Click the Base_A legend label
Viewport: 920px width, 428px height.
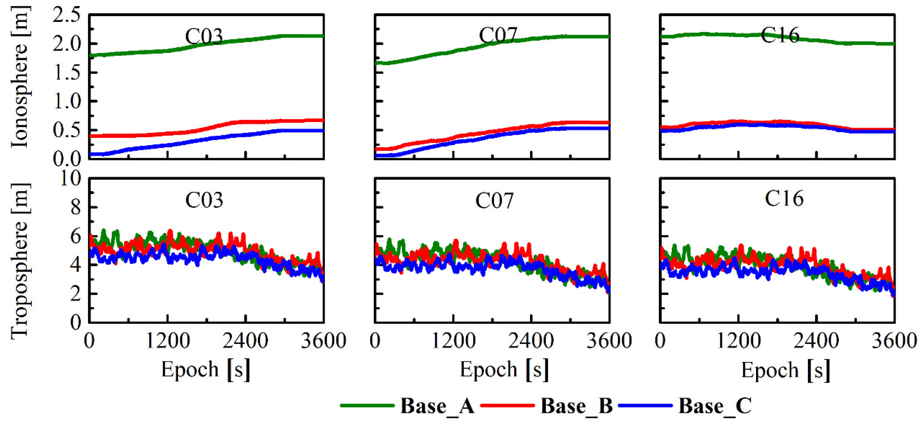(x=437, y=406)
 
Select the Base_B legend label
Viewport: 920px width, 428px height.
(x=577, y=406)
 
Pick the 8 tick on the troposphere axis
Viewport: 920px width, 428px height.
(x=75, y=208)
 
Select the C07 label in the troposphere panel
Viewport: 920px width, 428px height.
(x=494, y=201)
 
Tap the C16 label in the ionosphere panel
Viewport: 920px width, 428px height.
(x=780, y=35)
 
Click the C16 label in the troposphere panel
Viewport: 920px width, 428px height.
(x=784, y=199)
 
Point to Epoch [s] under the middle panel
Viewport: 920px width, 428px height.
(x=504, y=370)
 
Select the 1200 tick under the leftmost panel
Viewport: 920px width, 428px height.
(x=167, y=341)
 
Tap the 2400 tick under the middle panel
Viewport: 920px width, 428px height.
(x=531, y=341)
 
